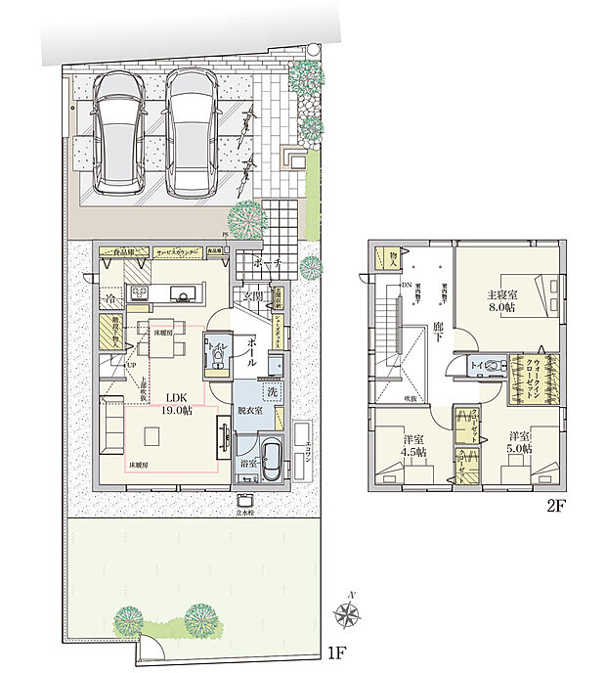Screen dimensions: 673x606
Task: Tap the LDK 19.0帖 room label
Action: click(x=177, y=403)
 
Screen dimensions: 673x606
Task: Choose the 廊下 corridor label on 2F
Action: click(x=441, y=332)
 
